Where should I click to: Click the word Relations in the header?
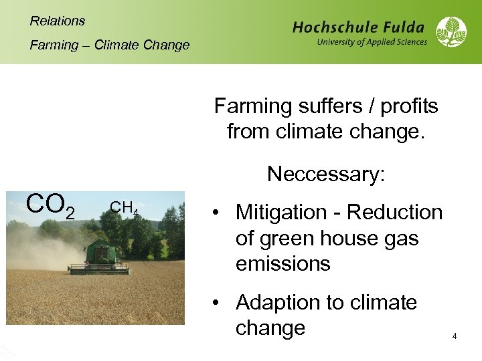(x=58, y=21)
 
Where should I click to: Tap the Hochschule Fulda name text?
(x=358, y=27)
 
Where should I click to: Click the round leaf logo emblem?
(x=452, y=32)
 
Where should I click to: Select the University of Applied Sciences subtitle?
(x=372, y=42)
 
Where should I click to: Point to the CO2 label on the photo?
(x=49, y=205)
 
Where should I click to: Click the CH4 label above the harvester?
(x=124, y=209)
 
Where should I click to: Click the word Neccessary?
(x=325, y=174)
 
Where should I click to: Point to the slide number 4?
(x=455, y=336)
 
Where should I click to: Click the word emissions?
(x=283, y=264)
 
